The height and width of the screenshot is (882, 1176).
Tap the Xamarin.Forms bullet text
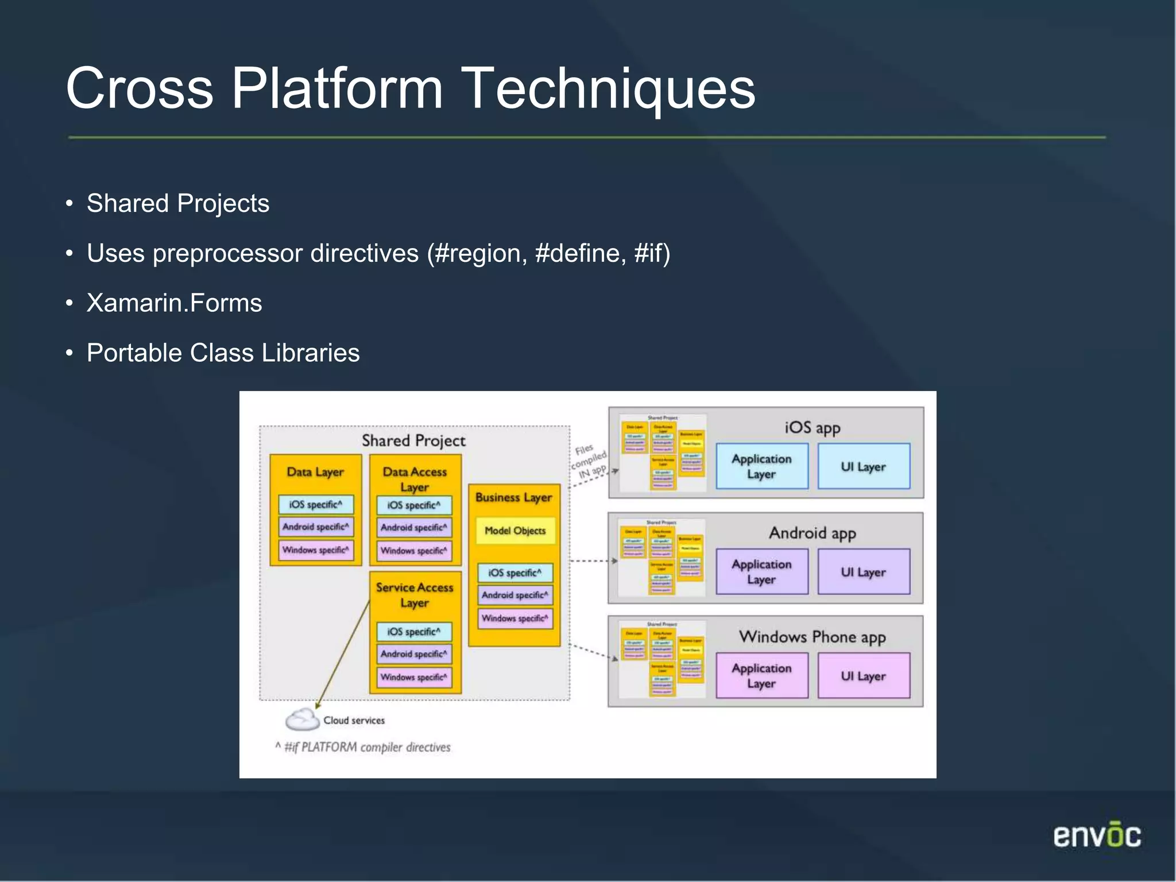click(174, 303)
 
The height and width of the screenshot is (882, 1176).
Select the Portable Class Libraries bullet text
click(223, 353)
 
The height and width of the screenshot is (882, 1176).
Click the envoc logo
click(1097, 835)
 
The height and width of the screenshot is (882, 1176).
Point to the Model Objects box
click(514, 531)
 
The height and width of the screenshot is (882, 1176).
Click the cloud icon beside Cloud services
click(302, 719)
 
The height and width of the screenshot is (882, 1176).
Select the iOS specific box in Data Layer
click(315, 505)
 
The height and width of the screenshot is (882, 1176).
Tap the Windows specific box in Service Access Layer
click(413, 678)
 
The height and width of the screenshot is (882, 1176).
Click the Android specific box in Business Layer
click(514, 595)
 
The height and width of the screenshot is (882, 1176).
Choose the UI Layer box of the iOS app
click(863, 467)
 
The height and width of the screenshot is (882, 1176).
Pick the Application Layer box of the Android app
click(761, 572)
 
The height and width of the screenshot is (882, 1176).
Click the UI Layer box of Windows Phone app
click(863, 676)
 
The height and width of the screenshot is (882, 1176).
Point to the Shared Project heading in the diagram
click(413, 441)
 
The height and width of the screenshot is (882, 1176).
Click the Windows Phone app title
click(812, 637)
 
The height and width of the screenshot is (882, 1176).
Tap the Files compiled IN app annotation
click(589, 461)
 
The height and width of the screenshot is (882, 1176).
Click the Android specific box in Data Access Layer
click(413, 528)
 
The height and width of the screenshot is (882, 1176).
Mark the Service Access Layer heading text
click(415, 595)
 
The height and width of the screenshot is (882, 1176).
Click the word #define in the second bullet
click(580, 254)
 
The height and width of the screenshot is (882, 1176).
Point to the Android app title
click(812, 533)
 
